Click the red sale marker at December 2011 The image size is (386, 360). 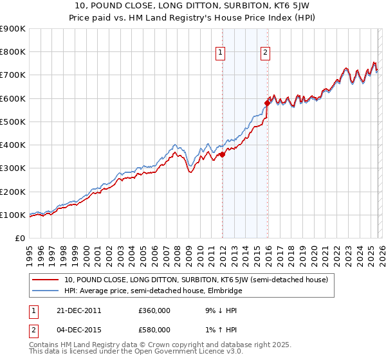coord(223,154)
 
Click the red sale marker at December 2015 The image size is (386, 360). coord(268,103)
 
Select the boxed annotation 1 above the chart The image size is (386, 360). coord(221,53)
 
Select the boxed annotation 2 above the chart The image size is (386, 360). coord(265,53)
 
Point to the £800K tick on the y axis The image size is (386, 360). coord(13,52)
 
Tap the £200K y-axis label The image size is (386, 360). coord(13,192)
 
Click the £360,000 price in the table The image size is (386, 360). coord(154,310)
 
